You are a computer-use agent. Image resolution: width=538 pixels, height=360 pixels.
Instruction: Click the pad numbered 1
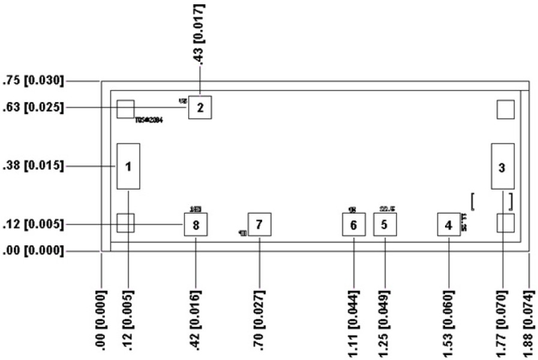(128, 166)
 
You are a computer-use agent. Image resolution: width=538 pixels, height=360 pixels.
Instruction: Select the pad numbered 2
(200, 108)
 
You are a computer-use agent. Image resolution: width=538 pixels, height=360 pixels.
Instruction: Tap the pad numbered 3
(503, 167)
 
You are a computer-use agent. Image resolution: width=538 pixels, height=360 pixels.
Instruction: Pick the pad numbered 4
(449, 225)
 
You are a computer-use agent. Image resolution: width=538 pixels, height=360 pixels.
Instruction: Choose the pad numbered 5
(384, 224)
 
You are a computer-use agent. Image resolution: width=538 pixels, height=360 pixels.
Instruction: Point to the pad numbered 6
(353, 225)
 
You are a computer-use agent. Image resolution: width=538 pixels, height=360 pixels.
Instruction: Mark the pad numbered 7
(259, 224)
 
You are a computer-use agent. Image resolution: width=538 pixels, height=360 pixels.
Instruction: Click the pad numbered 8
(196, 224)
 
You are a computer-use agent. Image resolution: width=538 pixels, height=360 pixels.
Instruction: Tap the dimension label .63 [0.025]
(34, 108)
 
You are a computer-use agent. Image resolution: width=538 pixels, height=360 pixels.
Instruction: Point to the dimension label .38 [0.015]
(34, 166)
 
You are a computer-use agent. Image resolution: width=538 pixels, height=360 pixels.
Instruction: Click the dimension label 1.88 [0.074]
(529, 319)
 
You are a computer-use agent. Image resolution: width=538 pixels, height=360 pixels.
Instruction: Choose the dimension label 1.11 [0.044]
(353, 319)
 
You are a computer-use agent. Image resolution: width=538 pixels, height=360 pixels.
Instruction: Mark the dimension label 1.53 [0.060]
(449, 319)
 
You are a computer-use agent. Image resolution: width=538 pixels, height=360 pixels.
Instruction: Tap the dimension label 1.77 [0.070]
(503, 319)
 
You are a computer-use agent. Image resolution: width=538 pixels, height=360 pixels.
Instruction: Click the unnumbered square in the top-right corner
(506, 109)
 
